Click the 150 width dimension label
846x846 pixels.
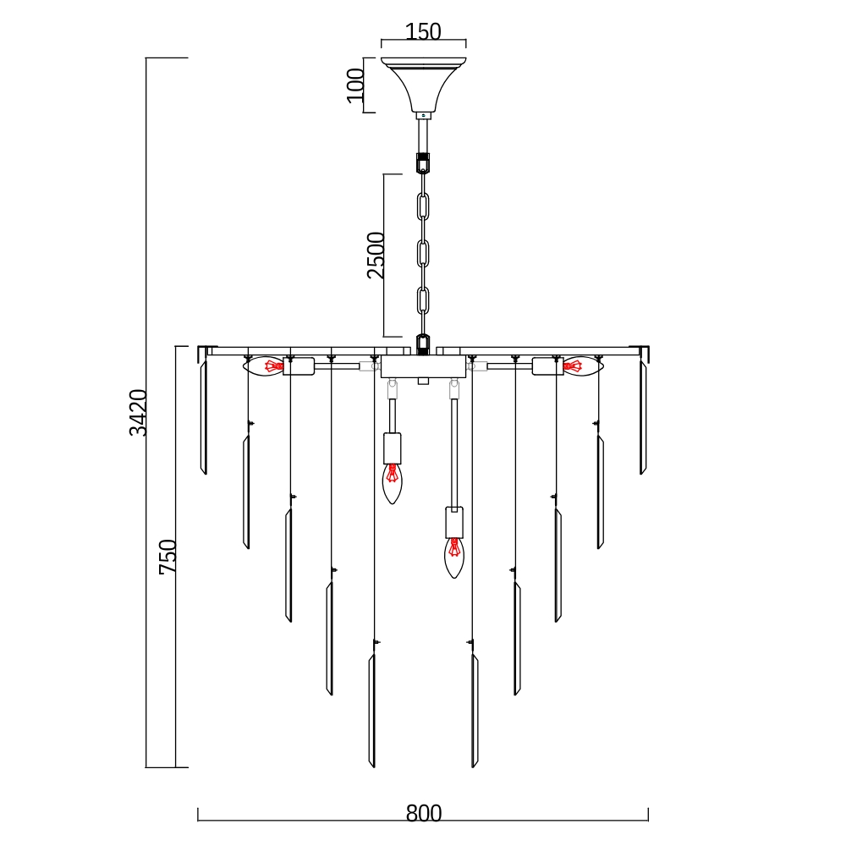(x=423, y=31)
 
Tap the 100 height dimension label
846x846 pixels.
(x=355, y=85)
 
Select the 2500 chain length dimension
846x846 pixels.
(x=376, y=255)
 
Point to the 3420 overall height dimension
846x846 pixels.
(x=138, y=412)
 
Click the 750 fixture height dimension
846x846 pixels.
(x=168, y=557)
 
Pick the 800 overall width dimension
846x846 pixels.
(x=424, y=813)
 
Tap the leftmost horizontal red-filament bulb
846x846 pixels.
(x=263, y=366)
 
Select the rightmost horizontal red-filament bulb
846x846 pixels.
(x=583, y=366)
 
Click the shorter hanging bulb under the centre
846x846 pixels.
(x=393, y=483)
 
